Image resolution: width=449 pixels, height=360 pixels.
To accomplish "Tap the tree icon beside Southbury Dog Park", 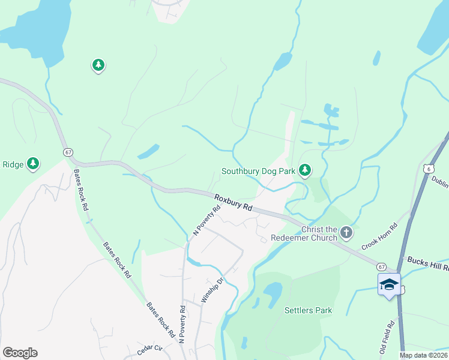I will point(306,171).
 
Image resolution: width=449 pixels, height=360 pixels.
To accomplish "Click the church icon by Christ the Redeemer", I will point(346,232).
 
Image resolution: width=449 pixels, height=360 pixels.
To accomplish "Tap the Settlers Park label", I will point(308,310).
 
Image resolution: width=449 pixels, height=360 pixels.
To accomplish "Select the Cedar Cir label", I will point(150,348).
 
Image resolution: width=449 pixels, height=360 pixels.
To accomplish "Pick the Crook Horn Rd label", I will point(380,237).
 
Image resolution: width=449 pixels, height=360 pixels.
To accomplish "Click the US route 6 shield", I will point(428,169).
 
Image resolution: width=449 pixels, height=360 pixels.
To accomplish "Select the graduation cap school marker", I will point(388,284).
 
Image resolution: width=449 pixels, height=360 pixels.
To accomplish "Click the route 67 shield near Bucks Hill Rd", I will point(382,266).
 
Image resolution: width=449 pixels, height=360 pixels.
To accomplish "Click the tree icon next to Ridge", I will point(34,163).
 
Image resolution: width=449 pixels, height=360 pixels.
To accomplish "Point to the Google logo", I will point(20,353).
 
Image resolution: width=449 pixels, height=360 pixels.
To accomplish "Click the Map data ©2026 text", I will point(424,355).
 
